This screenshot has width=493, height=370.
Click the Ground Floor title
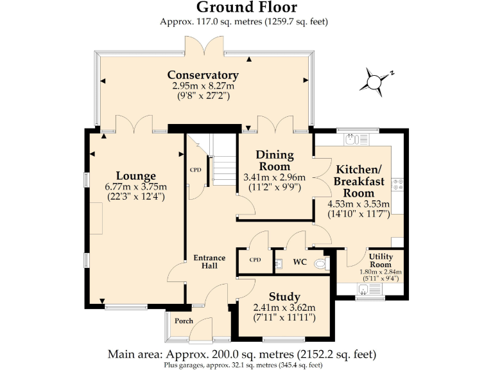pyautogui.click(x=246, y=8)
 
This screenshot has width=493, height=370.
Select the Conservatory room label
pyautogui.click(x=203, y=75)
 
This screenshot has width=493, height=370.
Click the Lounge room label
pyautogui.click(x=135, y=176)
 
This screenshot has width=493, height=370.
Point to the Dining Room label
pyautogui.click(x=275, y=160)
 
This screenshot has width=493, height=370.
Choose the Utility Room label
pyautogui.click(x=380, y=260)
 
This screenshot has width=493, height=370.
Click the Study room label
pyautogui.click(x=284, y=297)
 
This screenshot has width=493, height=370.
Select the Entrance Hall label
pyautogui.click(x=209, y=262)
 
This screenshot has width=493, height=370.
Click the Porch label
pyautogui.click(x=184, y=321)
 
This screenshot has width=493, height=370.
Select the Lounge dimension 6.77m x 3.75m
pyautogui.click(x=135, y=187)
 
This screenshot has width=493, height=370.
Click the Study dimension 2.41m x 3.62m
pyautogui.click(x=284, y=308)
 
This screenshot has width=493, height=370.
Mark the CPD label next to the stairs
pyautogui.click(x=196, y=170)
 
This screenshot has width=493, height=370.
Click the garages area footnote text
pyautogui.click(x=246, y=365)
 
